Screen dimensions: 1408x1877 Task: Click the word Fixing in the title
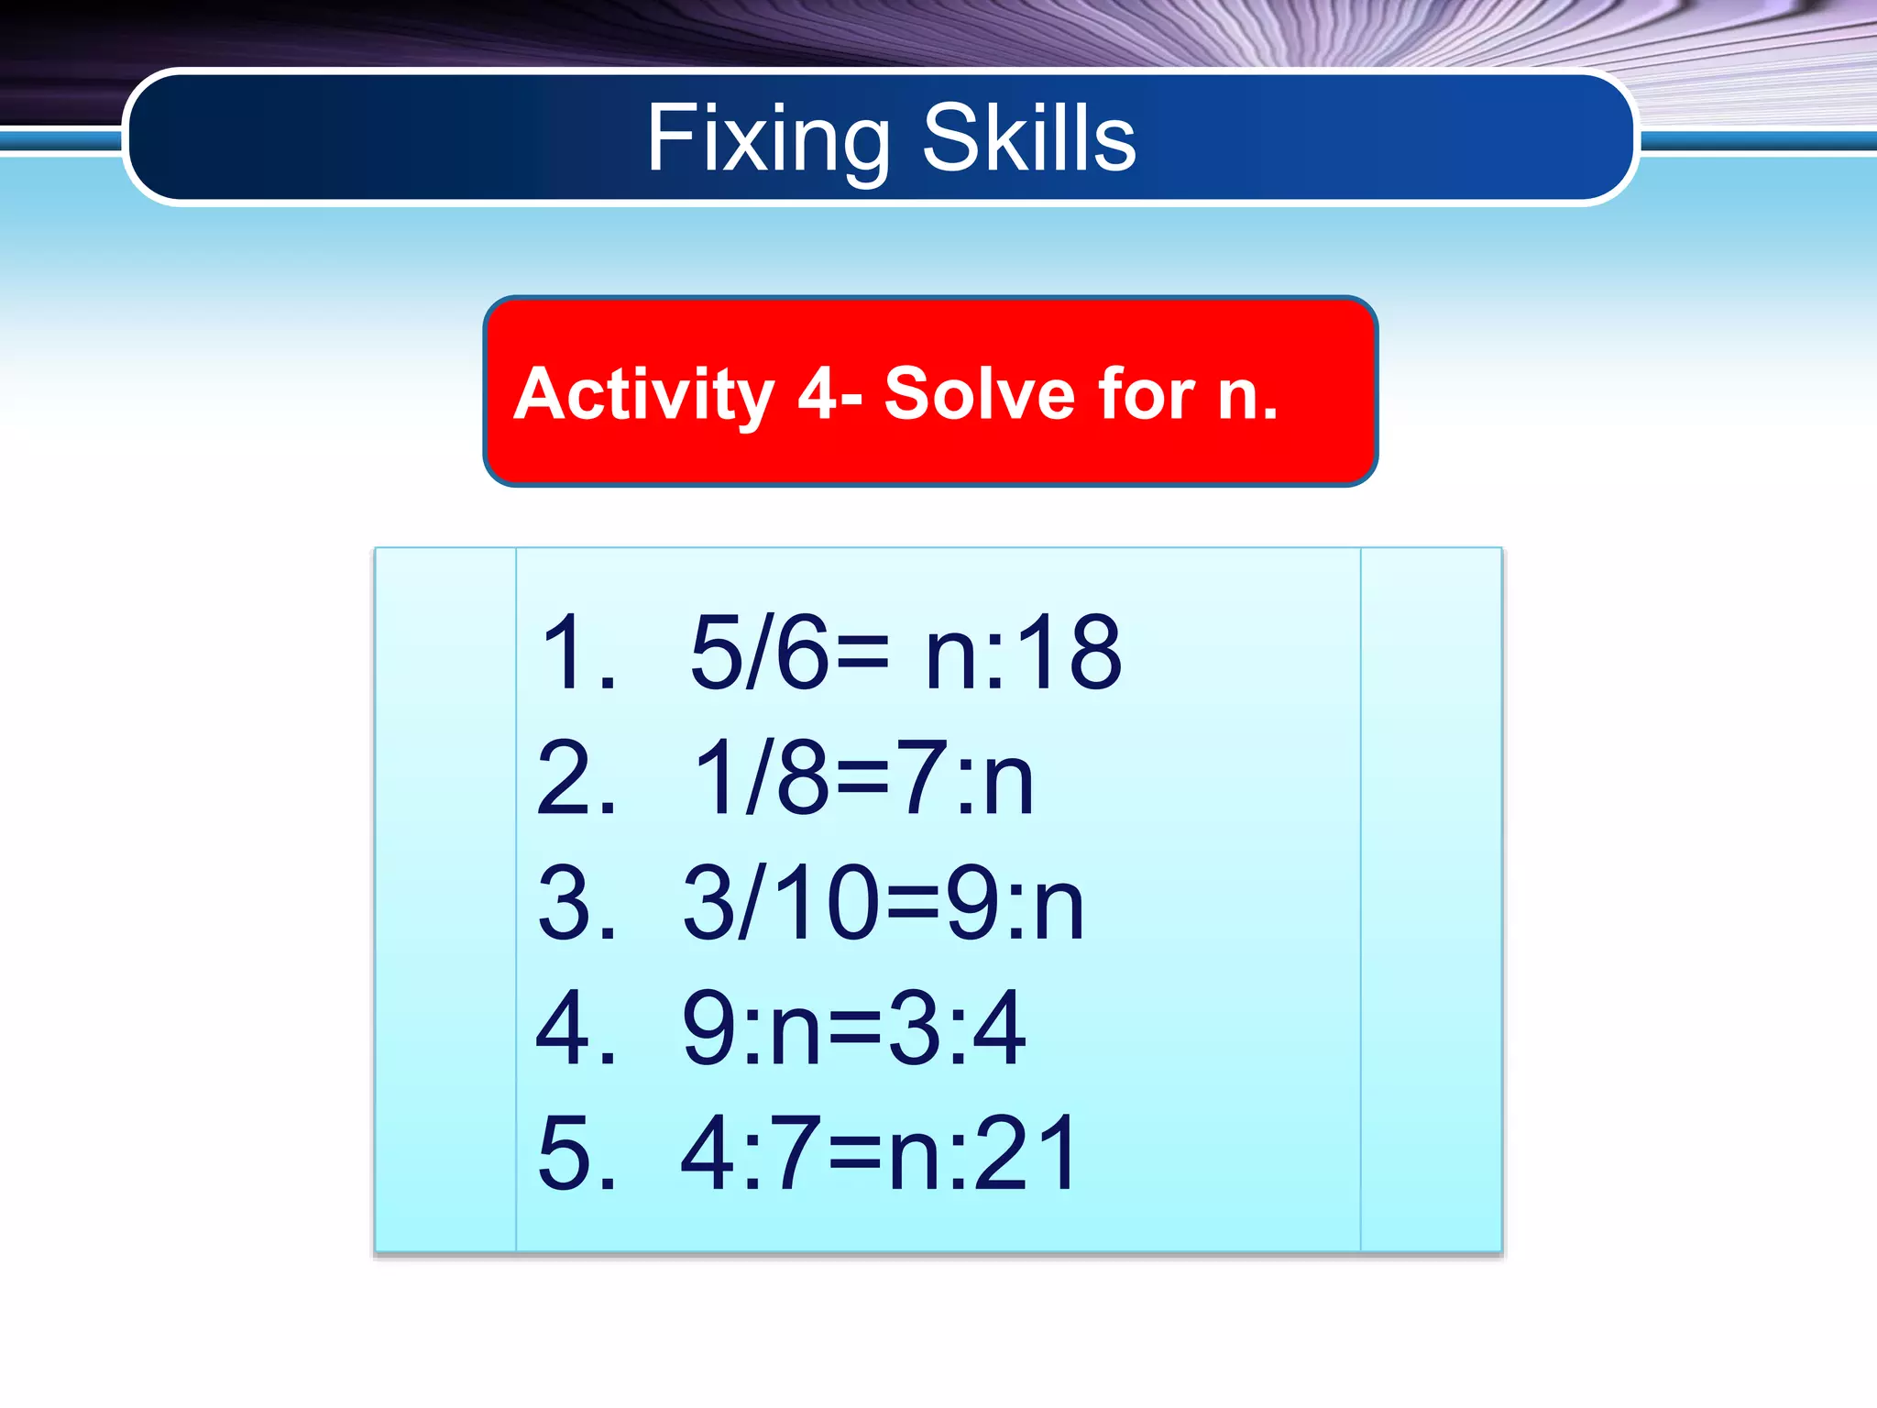[768, 139]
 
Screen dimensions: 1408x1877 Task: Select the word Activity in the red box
[644, 394]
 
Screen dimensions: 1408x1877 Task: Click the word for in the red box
[1147, 394]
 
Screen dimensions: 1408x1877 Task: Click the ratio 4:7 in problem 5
[749, 1153]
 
